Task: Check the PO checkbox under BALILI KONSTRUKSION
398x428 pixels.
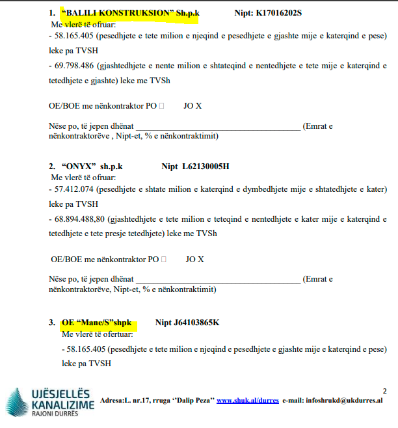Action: [161, 105]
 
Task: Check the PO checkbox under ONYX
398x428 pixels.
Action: [163, 259]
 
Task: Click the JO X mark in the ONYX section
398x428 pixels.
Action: [194, 259]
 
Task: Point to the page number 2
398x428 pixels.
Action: [384, 391]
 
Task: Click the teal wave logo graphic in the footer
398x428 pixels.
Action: [17, 403]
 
